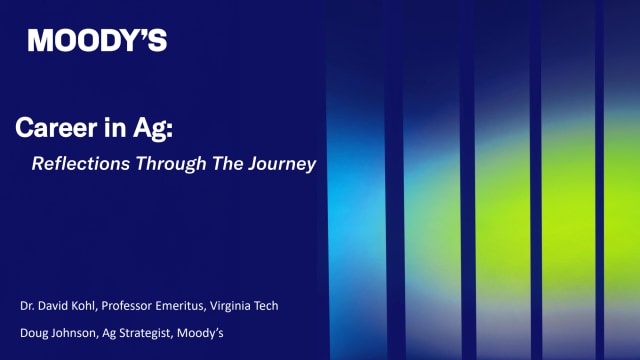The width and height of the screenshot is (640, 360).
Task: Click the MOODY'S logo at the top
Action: pos(97,41)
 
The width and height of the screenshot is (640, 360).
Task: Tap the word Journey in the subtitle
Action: pos(281,164)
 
